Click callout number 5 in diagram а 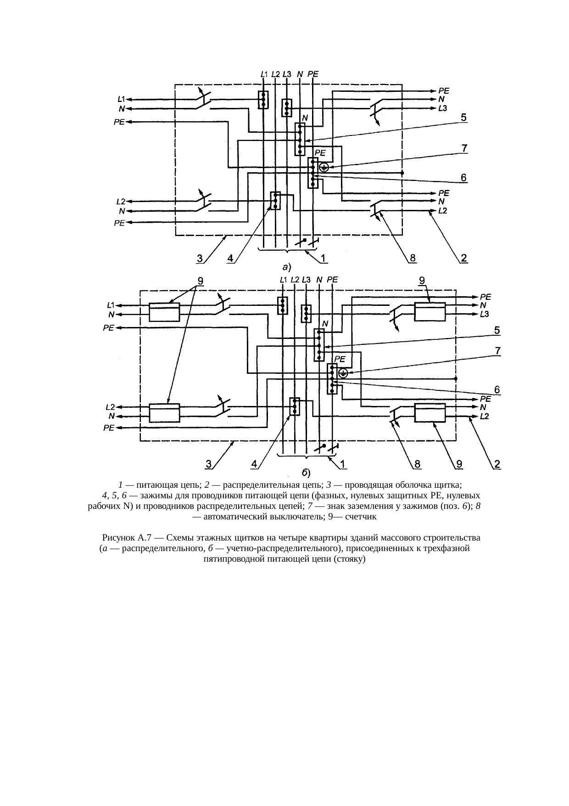coord(464,118)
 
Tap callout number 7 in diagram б coord(497,350)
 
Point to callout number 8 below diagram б coord(418,465)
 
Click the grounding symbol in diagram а coord(324,167)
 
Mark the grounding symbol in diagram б coord(343,373)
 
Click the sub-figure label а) coord(286,266)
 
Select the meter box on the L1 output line coord(164,311)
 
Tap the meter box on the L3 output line coord(430,311)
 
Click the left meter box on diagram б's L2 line coord(164,412)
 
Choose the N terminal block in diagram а coord(300,139)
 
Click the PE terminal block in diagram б coord(332,378)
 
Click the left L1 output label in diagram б coord(111,304)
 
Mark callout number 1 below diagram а coord(324,259)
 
